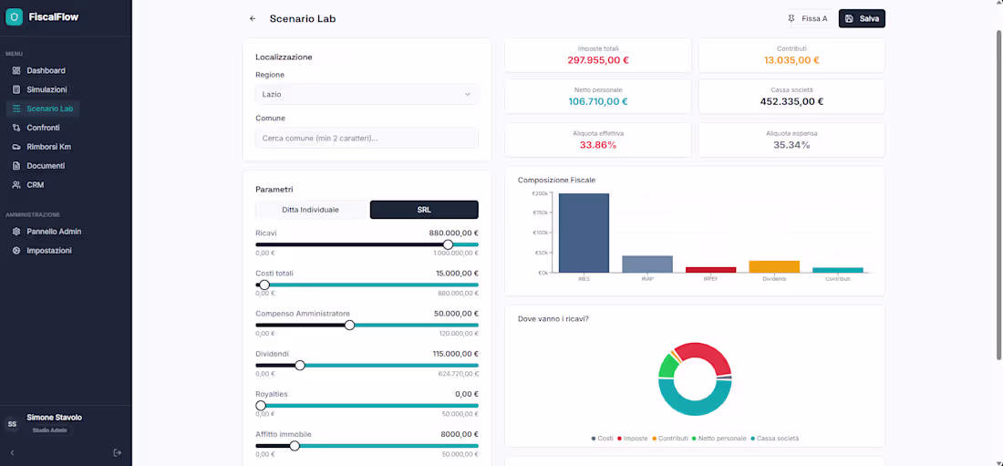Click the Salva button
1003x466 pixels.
pos(862,18)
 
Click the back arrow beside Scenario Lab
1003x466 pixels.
pos(253,18)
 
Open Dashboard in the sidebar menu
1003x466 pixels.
pos(45,70)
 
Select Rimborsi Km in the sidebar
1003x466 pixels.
pos(48,147)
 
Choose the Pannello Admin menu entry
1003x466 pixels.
pos(54,232)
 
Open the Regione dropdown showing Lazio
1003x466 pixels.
pos(367,94)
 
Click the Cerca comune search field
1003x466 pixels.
pos(367,138)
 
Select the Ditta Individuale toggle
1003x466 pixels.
pos(310,210)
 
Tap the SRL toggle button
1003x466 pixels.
pos(424,210)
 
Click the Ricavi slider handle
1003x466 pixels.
pos(448,244)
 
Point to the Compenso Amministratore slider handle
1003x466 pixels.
pos(349,325)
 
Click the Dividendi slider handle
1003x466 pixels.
pos(300,365)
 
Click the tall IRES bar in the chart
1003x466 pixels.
pos(584,233)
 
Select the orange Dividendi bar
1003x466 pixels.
pos(774,266)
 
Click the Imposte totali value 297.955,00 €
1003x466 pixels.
pos(598,60)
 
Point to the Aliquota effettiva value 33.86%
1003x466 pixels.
pos(598,145)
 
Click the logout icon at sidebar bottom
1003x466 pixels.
pos(117,452)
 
